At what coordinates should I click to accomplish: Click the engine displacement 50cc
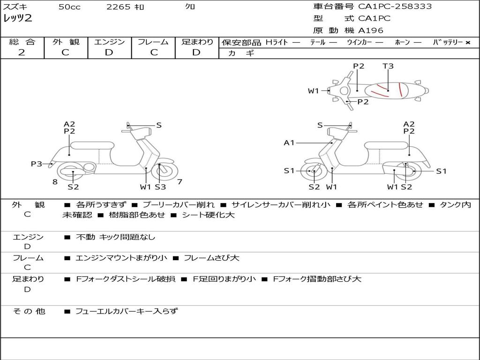tap(69, 7)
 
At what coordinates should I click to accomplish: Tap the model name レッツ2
tap(17, 18)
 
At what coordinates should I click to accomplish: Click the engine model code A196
tap(370, 30)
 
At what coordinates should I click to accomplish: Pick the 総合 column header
tap(22, 42)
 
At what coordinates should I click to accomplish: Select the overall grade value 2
tap(22, 52)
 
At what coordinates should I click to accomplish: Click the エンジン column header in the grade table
tap(110, 42)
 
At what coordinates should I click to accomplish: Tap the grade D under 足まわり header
tap(196, 52)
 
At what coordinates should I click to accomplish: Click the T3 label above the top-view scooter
tap(388, 66)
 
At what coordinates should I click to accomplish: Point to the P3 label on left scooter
tap(36, 164)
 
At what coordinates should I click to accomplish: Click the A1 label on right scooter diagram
tap(289, 142)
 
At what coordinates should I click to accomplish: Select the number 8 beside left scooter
tap(55, 181)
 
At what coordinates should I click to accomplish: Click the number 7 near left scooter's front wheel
tap(180, 181)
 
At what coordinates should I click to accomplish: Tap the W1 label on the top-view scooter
tap(313, 91)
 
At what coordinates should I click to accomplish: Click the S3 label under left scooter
tap(160, 187)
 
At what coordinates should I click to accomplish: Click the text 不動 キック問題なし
tap(115, 237)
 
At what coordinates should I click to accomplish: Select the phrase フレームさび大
tap(211, 258)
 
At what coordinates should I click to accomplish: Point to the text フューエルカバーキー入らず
tap(127, 311)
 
